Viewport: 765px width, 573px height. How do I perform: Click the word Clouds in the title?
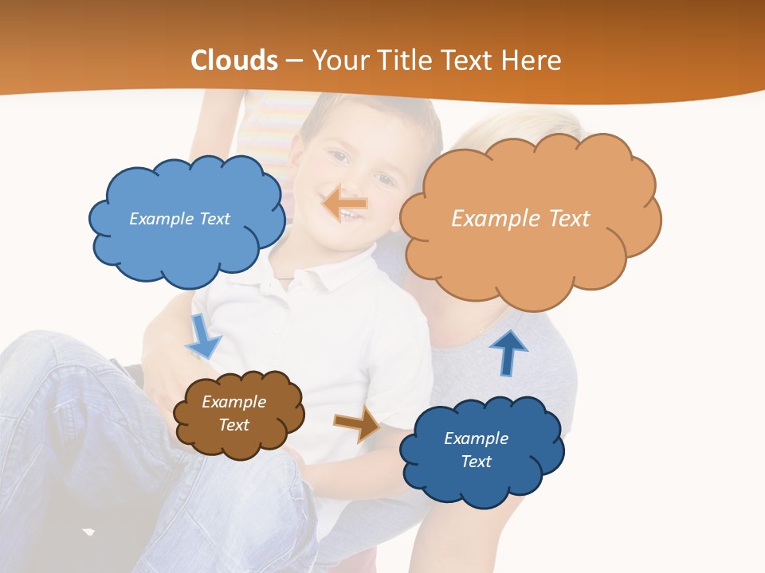point(234,60)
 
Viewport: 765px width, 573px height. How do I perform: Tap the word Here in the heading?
point(531,60)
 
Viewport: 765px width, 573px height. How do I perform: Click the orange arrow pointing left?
point(345,205)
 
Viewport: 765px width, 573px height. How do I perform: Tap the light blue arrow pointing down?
point(203,337)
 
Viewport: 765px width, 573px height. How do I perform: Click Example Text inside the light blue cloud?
point(179,219)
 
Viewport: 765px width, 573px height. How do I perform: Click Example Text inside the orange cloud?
point(520,219)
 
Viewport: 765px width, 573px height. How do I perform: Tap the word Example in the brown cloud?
point(233,402)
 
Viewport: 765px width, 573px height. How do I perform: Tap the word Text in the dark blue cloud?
point(476,462)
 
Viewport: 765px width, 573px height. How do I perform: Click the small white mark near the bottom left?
point(88,531)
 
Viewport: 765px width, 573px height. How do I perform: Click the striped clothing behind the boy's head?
point(267,131)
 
